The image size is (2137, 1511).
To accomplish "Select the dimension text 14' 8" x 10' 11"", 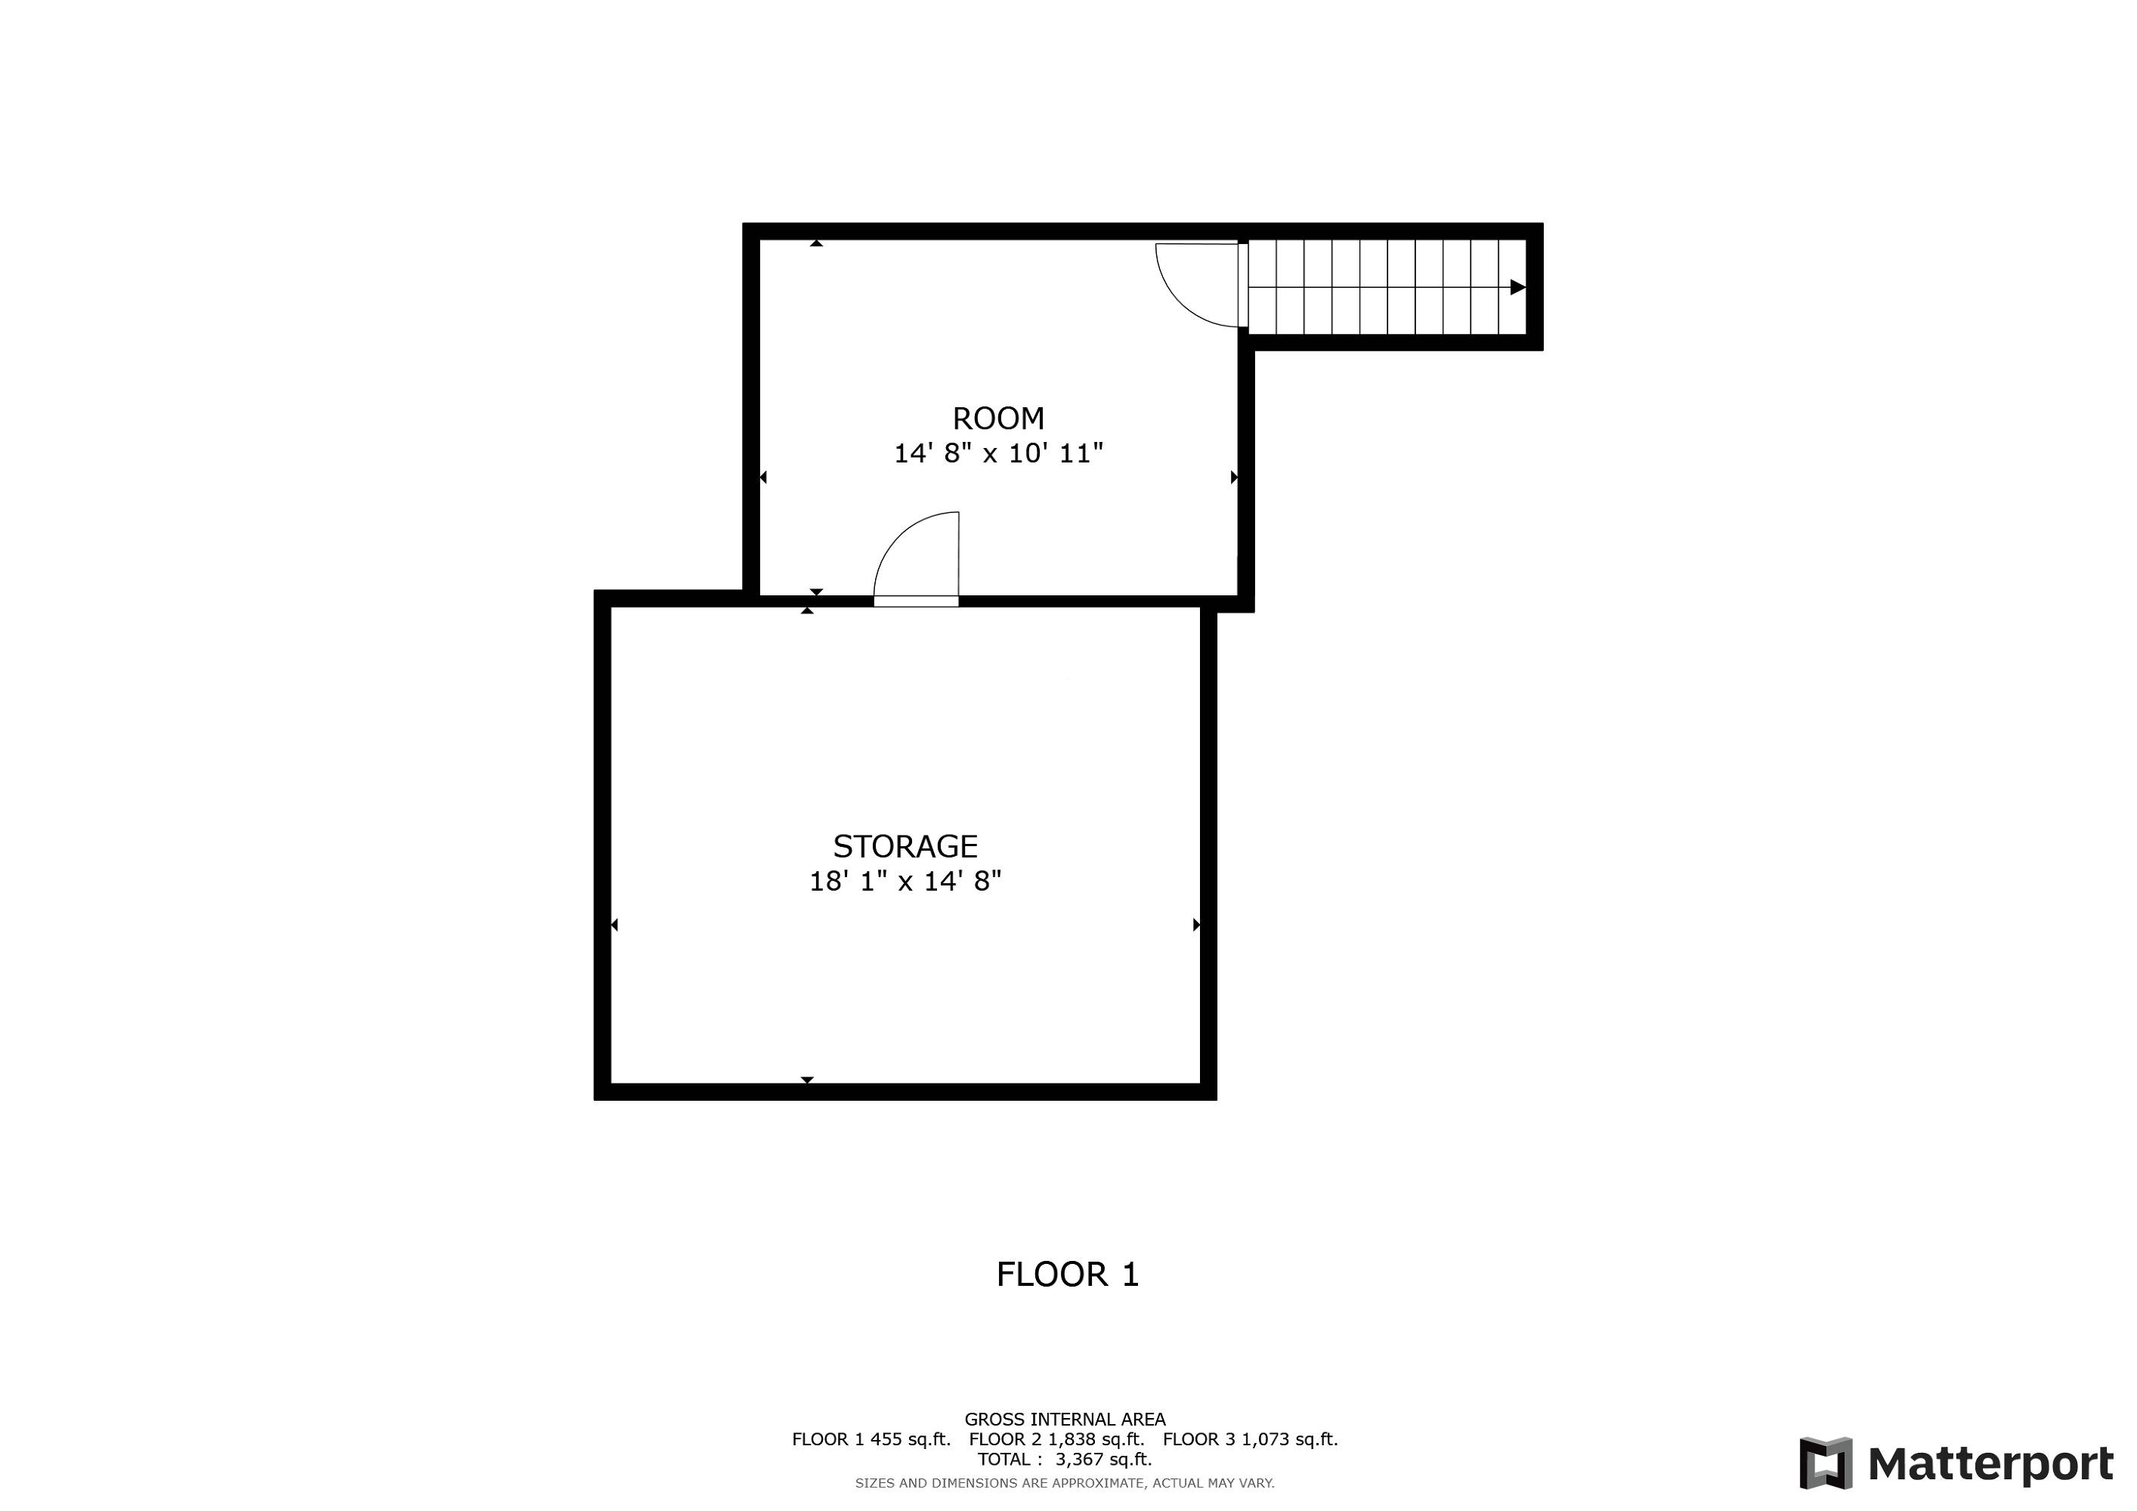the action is tap(999, 454).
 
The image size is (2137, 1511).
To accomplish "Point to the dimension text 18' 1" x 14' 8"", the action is tap(905, 881).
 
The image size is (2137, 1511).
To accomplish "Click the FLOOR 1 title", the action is tap(1068, 1275).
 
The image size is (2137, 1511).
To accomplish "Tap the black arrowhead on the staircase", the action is tap(1517, 288).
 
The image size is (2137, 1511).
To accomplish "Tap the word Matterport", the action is tap(1991, 1463).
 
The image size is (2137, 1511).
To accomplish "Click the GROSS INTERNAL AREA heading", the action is tap(1065, 1420).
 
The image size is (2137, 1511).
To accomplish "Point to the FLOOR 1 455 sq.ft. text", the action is tap(871, 1440).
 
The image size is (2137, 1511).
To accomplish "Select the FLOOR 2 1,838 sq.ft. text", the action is tap(1056, 1440).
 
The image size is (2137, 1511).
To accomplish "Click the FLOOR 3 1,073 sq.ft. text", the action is tap(1250, 1440).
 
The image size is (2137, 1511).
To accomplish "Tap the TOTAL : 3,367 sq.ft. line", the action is tap(1065, 1460).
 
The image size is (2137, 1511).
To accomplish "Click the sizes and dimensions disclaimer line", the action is tap(1065, 1483).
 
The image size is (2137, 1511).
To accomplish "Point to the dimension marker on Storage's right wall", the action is tap(1197, 925).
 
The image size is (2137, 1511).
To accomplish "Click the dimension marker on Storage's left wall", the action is tap(614, 925).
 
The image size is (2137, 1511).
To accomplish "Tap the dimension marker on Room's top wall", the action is tap(816, 243).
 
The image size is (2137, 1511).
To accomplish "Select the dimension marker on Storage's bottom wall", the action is tap(807, 1080).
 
